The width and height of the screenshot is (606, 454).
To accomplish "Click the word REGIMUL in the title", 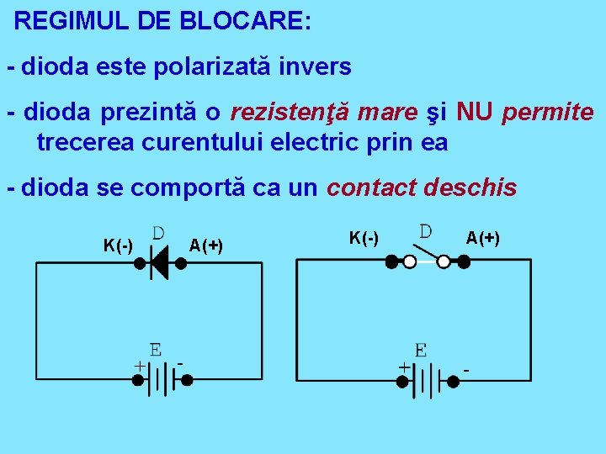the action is coord(58,21).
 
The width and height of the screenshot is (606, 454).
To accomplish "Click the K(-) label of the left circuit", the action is coord(118,245).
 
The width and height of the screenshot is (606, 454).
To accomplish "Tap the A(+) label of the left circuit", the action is coord(206,245).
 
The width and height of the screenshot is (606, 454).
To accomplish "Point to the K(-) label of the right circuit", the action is coord(364,238).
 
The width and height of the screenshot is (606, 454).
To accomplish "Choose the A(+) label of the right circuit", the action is coord(483,238).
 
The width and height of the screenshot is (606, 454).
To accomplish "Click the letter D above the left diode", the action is coord(158,230).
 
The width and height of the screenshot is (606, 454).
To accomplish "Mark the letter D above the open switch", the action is coord(427,230).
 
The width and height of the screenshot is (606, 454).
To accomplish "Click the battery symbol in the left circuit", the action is coord(162,379).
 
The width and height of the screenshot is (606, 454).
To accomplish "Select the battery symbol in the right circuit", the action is coord(429,379).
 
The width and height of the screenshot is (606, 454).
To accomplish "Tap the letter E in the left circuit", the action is coord(156,349).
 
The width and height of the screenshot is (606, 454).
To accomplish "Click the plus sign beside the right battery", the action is coord(404,367).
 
